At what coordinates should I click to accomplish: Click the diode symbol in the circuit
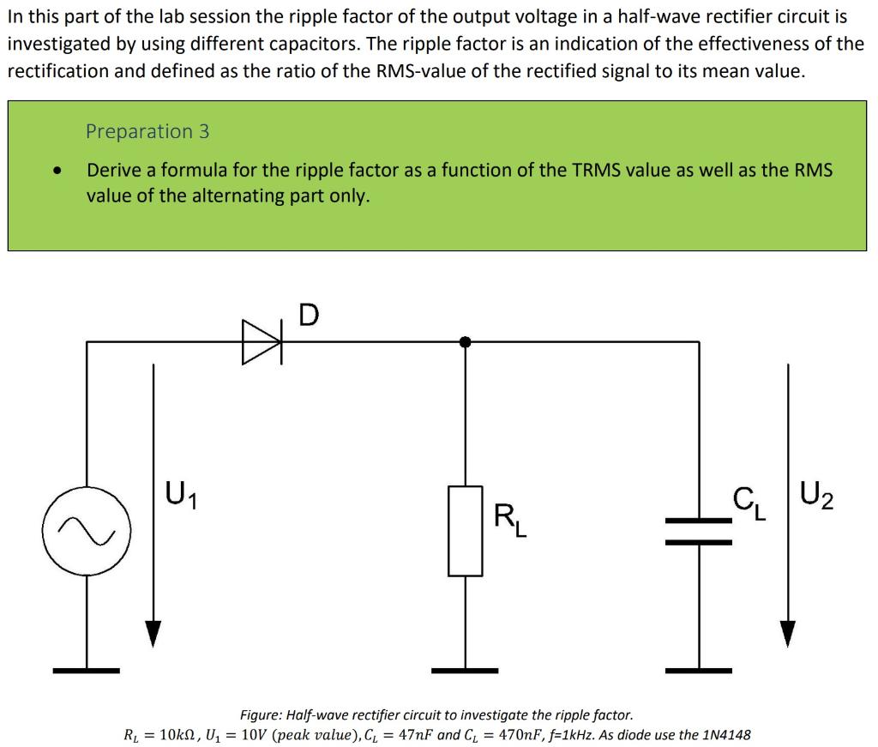262,342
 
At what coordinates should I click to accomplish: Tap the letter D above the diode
309,316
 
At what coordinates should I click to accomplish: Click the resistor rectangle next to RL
465,531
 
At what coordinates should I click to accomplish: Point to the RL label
511,521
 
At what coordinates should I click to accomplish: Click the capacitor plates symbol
699,531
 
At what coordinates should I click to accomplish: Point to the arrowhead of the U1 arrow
153,633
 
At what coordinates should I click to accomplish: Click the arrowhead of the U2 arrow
787,633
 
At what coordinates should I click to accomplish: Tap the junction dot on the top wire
465,341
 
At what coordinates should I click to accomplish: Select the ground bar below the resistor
465,670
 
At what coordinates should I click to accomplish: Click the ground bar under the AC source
86,670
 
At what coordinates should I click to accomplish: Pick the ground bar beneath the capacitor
699,670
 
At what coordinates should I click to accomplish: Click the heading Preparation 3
147,131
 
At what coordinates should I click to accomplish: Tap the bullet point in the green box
57,172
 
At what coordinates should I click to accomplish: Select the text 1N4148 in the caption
726,735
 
